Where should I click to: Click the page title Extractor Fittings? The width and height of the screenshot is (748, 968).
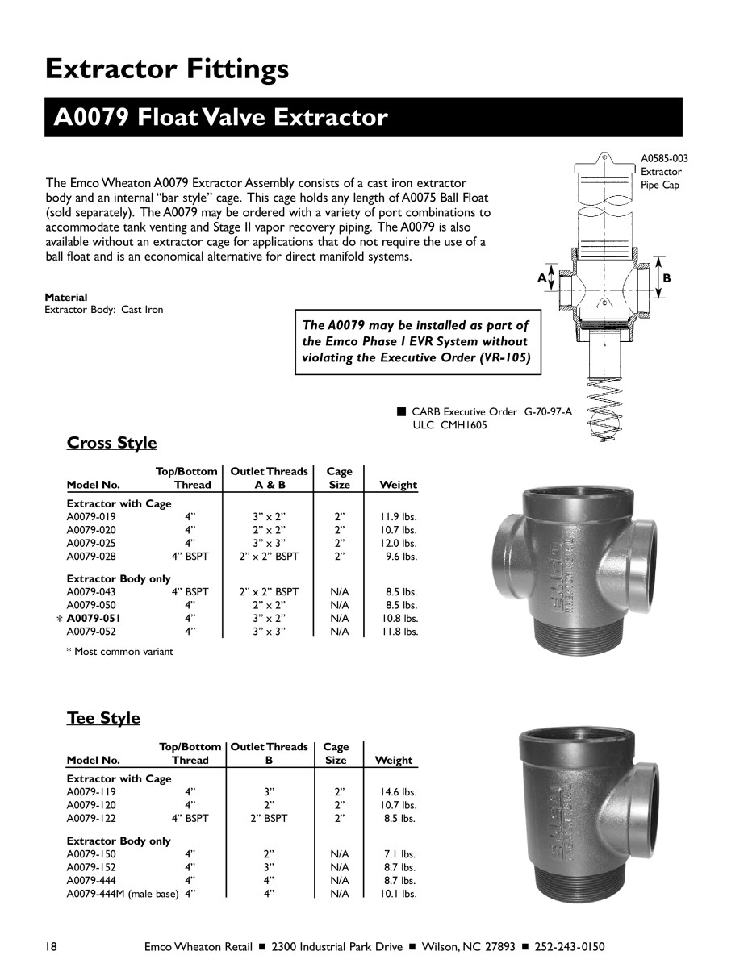pos(167,69)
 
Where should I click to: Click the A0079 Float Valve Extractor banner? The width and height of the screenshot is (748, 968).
pos(220,118)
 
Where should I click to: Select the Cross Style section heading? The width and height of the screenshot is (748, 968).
pos(112,443)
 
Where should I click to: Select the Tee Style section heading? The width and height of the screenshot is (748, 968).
pos(103,718)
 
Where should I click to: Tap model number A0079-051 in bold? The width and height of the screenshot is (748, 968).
pos(95,619)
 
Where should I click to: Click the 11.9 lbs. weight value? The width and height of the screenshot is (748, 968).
pos(399,517)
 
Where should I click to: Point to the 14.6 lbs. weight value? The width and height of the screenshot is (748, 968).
pos(399,792)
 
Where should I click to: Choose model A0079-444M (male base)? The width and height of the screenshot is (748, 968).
pos(122,894)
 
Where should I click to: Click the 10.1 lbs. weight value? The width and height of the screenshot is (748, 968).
pos(399,894)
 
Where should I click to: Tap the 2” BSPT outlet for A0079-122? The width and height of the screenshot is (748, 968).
pos(269,818)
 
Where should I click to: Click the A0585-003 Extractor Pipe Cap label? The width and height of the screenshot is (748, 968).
pos(664,172)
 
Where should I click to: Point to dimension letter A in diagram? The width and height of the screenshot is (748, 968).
pos(542,278)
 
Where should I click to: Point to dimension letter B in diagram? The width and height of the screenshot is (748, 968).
pos(667,278)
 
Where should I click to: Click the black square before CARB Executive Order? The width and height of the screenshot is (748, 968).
pos(400,411)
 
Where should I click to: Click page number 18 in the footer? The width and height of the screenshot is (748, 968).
pos(51,946)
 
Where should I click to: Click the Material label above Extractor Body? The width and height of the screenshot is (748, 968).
pos(66,298)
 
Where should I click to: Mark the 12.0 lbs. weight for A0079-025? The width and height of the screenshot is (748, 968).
pos(399,544)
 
